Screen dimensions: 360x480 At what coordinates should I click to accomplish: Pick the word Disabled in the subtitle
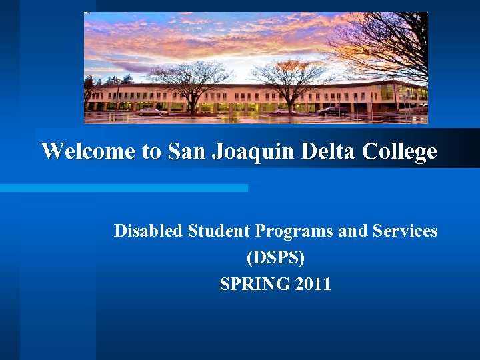point(149,231)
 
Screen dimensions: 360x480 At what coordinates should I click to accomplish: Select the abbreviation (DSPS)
point(275,257)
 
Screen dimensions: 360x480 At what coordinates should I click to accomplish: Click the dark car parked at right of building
point(332,111)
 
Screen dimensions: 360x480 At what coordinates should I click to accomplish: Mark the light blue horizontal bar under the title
point(124,188)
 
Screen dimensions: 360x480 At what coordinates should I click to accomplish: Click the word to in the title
point(151,151)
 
